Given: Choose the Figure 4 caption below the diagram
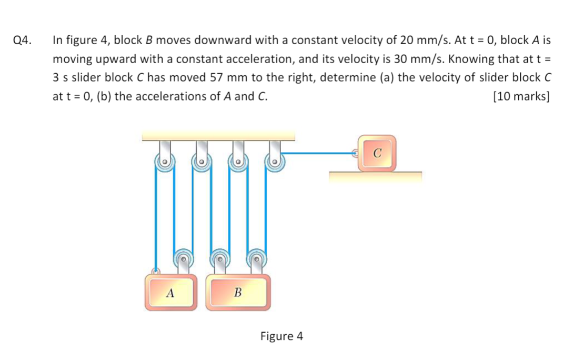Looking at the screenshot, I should tap(281, 336).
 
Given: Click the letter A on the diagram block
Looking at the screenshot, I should tap(170, 293).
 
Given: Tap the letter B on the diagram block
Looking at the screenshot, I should tap(238, 293).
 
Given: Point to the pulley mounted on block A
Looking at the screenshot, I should tap(183, 258).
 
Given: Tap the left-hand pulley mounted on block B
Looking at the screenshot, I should tap(219, 258).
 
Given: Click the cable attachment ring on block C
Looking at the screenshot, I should tap(355, 153).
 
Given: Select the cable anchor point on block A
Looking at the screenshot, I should tap(156, 272).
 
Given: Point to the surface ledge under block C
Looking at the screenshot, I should tap(375, 176).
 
